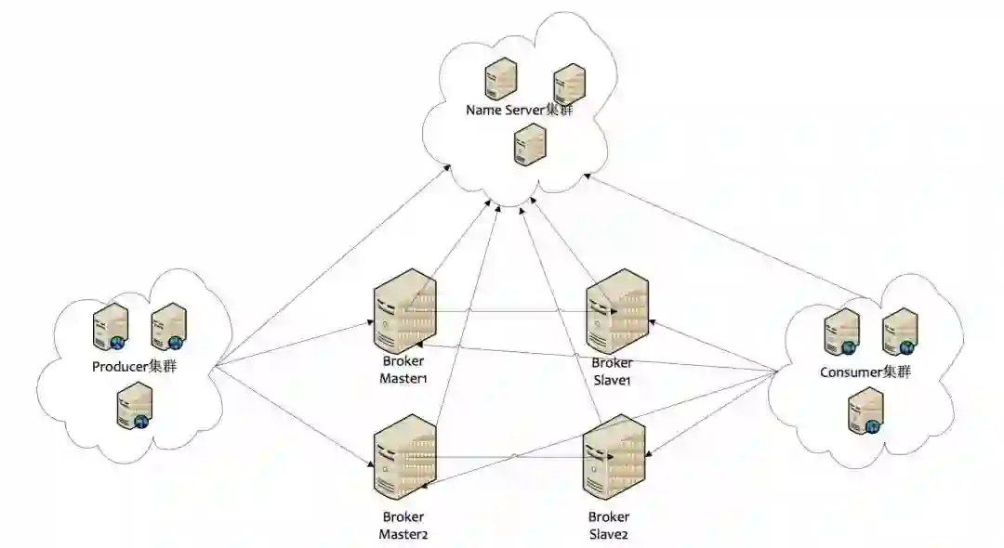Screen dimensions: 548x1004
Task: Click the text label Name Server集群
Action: point(522,110)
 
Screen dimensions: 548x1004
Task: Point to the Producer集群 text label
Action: point(135,366)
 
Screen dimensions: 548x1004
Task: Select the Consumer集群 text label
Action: point(865,372)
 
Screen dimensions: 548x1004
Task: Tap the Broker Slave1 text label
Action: point(612,372)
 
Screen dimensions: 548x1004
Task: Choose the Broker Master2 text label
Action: point(403,525)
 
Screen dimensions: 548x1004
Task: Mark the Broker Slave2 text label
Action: point(609,525)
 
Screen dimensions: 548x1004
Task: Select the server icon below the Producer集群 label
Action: point(134,409)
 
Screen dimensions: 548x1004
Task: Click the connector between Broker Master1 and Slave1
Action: point(511,312)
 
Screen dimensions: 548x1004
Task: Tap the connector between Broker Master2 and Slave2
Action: point(511,457)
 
